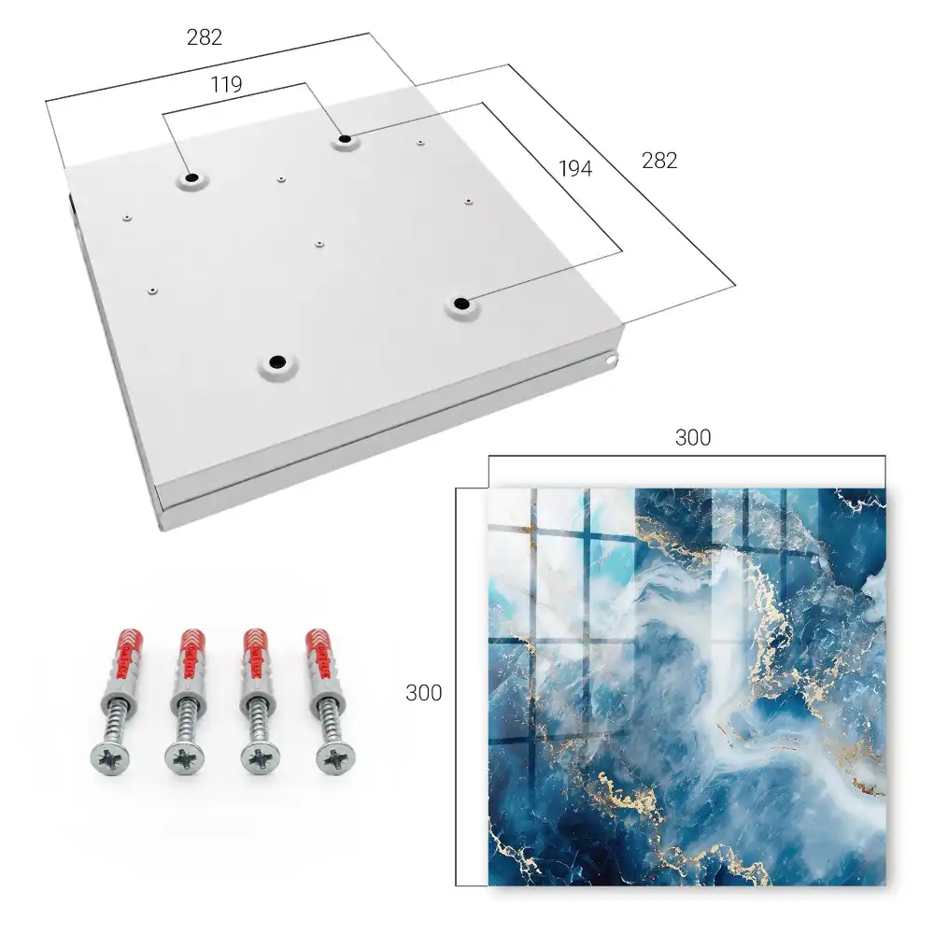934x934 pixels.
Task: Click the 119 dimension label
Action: [x=226, y=85]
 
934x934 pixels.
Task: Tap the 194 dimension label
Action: [x=575, y=169]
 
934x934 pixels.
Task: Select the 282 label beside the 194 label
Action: [x=659, y=161]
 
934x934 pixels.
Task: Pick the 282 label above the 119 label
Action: [x=205, y=37]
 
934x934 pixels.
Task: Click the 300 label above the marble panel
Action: [x=693, y=438]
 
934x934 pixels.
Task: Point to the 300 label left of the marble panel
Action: [x=423, y=693]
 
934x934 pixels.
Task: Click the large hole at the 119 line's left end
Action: [x=191, y=178]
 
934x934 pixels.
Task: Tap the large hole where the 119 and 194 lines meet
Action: [x=345, y=139]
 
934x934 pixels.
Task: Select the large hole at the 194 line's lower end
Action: [x=460, y=304]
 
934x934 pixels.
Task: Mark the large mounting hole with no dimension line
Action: [x=277, y=361]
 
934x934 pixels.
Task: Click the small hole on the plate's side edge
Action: [x=611, y=360]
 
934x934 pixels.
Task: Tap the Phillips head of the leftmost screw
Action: [x=109, y=758]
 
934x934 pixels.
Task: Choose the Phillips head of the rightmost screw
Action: [x=334, y=758]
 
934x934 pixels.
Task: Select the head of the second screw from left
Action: [x=183, y=758]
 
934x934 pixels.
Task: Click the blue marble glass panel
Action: [x=686, y=686]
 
